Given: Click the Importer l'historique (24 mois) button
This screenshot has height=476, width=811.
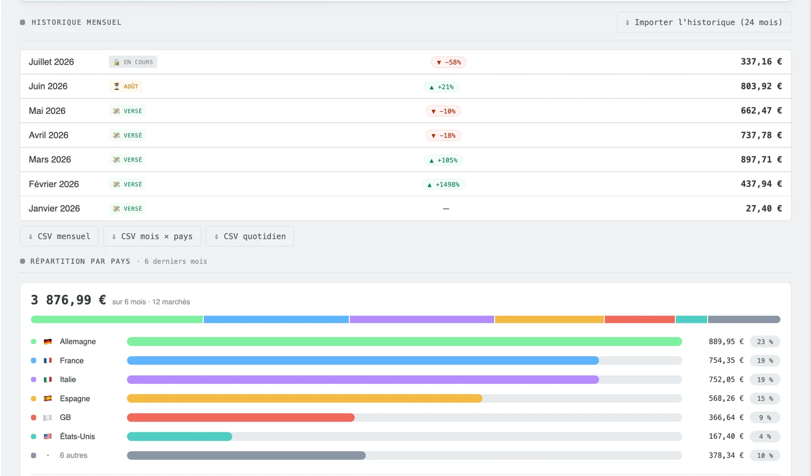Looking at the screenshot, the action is pos(704,22).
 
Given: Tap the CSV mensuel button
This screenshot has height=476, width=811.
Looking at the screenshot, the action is pos(59,236).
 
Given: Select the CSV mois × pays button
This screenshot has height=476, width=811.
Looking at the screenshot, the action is pos(152,236).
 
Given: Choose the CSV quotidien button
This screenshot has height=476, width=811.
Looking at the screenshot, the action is pos(250,236).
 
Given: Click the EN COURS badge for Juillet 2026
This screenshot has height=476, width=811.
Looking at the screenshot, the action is pos(133,62).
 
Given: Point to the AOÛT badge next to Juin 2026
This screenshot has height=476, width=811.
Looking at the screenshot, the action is pos(126,86).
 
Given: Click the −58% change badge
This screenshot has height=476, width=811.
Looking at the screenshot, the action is pos(449,62).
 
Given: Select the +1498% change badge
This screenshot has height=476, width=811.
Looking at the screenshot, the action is pos(444,185).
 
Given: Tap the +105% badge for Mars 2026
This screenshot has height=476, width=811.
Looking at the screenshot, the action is pos(444,160).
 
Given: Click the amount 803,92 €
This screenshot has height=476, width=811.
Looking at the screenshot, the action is pos(761,86).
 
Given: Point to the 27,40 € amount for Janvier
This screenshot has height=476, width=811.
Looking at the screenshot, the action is pos(763,209).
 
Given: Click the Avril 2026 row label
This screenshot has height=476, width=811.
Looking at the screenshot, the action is pos(49,135).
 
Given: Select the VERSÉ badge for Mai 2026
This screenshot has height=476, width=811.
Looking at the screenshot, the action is pos(127,111).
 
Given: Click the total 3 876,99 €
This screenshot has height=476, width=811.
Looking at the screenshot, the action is pos(68,300).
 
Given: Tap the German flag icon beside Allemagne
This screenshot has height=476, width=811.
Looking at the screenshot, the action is pos(48,342).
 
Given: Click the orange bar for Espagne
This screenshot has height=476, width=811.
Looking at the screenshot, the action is pos(305,398).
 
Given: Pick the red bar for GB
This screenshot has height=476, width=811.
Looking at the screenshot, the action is pos(241,418).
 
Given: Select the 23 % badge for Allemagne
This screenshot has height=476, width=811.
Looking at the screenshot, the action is pos(765,342).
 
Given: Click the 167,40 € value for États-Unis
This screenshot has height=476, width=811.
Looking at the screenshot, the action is pos(726,436).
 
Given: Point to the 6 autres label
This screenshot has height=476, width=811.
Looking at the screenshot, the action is pos(73,455).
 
